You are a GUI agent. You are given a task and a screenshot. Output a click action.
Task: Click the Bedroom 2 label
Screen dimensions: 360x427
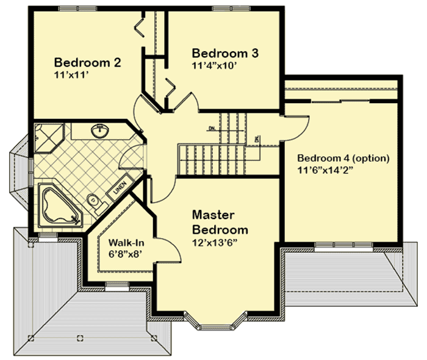click(x=88, y=62)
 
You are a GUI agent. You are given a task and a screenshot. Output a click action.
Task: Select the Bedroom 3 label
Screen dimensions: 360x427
click(x=225, y=52)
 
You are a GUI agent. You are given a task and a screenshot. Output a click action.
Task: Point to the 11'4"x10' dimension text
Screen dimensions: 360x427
click(x=217, y=64)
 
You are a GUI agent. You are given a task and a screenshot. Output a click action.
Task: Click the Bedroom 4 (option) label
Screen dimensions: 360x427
click(x=343, y=159)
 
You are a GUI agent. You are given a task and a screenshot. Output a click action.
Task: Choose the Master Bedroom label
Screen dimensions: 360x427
click(x=220, y=223)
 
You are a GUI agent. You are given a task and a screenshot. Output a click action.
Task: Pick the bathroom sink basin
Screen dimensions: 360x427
click(x=99, y=131)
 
